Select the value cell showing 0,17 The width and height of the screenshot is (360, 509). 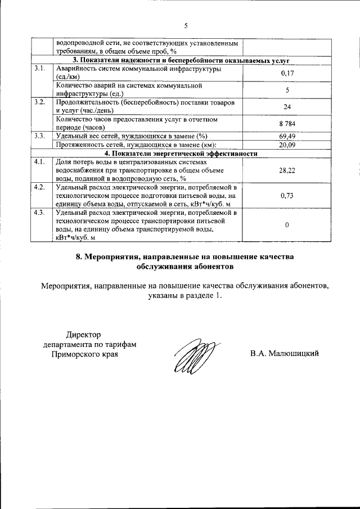pos(287,73)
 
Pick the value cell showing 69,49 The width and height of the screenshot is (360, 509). pos(287,136)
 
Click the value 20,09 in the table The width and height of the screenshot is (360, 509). pos(287,145)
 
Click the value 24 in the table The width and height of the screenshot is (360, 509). pos(287,106)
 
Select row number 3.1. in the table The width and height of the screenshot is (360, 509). pos(39,69)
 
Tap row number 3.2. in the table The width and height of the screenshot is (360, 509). pos(39,102)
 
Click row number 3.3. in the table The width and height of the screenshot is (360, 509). pos(39,136)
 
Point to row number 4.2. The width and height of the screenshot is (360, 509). pos(39,187)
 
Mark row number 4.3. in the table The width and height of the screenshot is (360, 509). pos(39,213)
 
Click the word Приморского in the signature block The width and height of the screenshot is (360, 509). pos(76,354)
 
